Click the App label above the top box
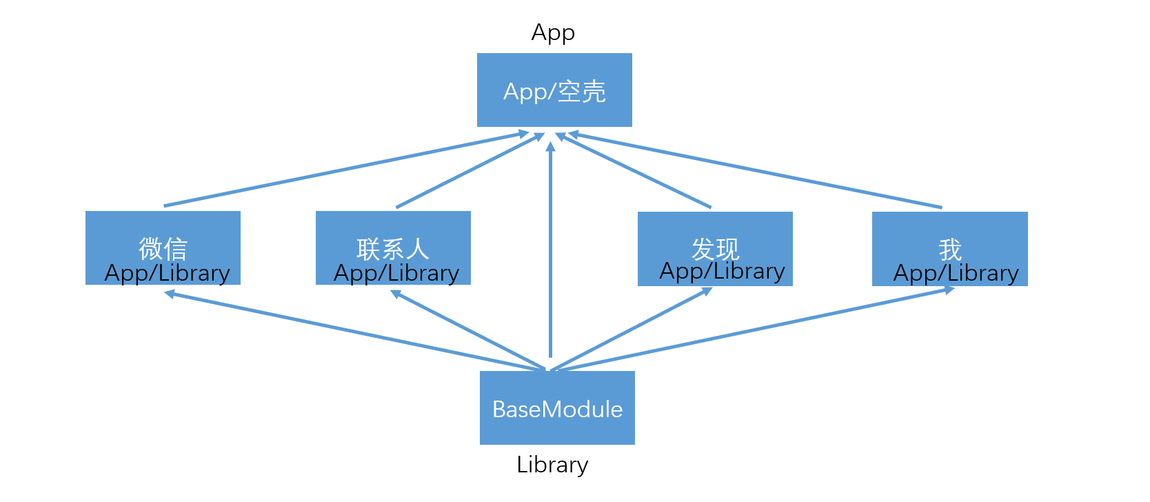coord(553,32)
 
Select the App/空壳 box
coord(554,90)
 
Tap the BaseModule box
coord(557,408)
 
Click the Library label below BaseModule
coord(552,465)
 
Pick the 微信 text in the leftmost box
coord(163,248)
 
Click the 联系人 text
coord(393,248)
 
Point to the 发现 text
coord(715,248)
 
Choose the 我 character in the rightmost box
coord(949,249)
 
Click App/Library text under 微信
coord(167,273)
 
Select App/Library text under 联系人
coord(396,273)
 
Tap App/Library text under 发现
coord(722,271)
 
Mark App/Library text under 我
coord(956,273)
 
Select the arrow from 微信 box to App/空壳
coord(345,170)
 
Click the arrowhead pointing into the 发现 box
coord(707,291)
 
